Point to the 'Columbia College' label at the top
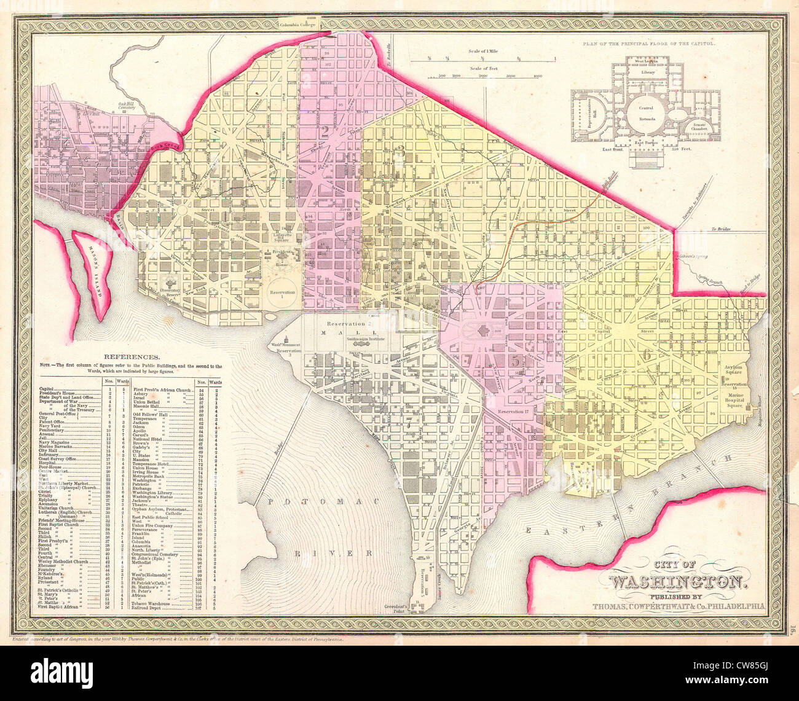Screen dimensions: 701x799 point(307,25)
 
